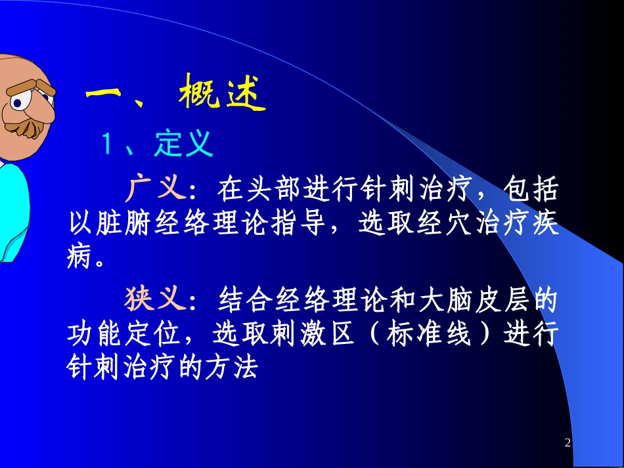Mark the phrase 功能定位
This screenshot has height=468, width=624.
click(x=124, y=335)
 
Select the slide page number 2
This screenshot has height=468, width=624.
click(x=568, y=444)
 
